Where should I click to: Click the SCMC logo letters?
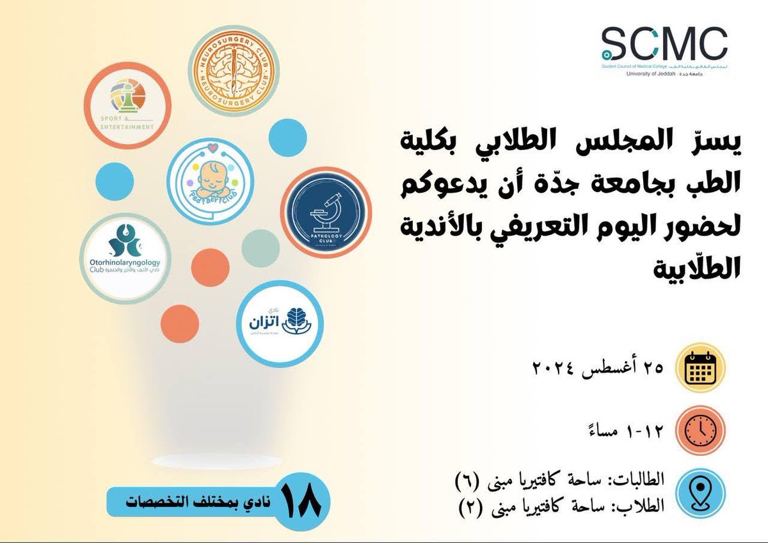click(664, 44)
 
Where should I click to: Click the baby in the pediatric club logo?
click(211, 177)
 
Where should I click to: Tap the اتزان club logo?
click(279, 323)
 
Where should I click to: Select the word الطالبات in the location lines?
click(636, 478)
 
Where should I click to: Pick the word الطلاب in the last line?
click(640, 506)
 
